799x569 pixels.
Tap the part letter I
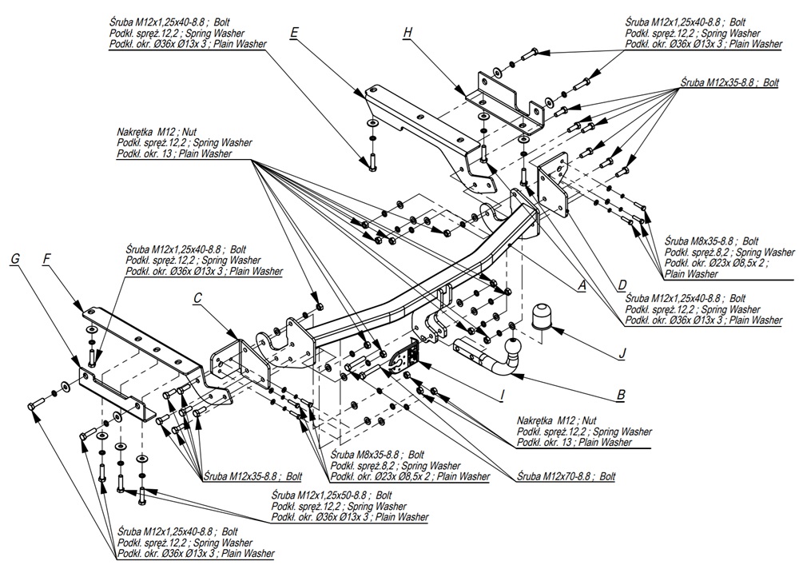(502, 394)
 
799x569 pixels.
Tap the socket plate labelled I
(403, 358)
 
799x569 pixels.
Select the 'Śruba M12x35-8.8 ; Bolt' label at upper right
(718, 82)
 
